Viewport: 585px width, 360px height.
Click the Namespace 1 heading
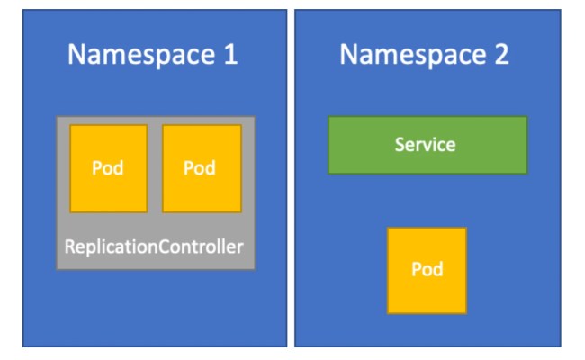(153, 55)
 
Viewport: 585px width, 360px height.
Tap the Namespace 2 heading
(424, 55)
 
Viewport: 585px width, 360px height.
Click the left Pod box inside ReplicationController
(108, 168)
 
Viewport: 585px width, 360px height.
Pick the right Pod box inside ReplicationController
(202, 168)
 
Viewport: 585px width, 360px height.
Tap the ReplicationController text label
(154, 246)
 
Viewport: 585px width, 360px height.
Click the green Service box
(427, 145)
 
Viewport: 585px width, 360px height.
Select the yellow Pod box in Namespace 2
(427, 270)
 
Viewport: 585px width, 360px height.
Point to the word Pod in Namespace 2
(427, 270)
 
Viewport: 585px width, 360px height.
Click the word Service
(425, 144)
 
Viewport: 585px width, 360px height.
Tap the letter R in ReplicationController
(70, 246)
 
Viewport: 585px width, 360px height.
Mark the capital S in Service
(400, 144)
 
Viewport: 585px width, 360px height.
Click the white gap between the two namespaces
(291, 180)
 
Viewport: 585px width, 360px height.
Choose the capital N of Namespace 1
(77, 55)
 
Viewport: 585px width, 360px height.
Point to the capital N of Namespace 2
(348, 55)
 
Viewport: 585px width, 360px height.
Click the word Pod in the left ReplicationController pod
(108, 168)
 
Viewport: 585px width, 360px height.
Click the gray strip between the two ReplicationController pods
(155, 168)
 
